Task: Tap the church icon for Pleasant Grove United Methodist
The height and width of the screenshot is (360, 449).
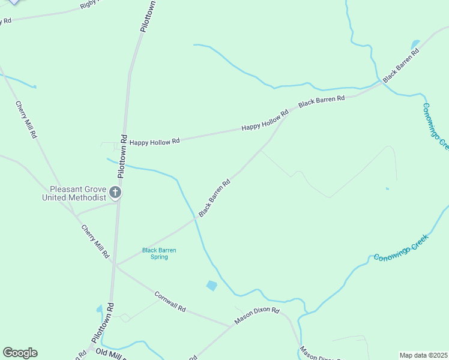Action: point(115,193)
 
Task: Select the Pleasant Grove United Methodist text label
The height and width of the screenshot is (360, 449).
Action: point(74,192)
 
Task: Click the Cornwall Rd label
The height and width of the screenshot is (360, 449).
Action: point(170,302)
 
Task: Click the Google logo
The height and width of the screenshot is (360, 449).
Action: point(20,353)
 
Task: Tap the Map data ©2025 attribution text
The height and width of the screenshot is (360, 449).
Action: point(423,355)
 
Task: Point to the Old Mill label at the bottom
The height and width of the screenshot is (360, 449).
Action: point(110,354)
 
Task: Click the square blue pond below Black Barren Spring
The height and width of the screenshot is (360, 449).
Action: point(211,286)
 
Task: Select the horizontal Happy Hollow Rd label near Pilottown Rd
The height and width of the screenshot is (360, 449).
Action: point(155,142)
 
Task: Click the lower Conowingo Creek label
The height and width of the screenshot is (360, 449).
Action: point(403,248)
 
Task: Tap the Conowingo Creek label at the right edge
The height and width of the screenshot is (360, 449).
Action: point(435,126)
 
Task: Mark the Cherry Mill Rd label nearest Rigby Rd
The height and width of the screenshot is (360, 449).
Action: point(26,119)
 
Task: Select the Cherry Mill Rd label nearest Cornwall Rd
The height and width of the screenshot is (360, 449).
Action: point(95,241)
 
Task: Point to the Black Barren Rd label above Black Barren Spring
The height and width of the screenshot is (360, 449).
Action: point(214,199)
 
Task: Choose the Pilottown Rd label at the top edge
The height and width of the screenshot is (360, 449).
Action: point(148,16)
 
